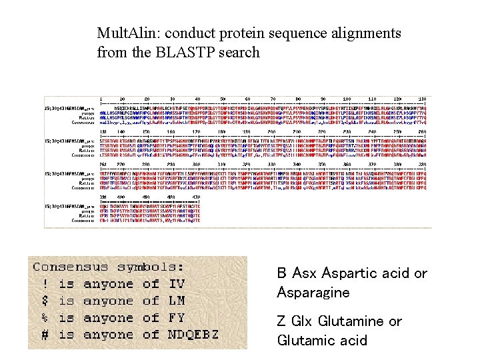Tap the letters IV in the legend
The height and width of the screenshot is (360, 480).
[177, 285]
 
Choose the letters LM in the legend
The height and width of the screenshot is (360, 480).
[177, 301]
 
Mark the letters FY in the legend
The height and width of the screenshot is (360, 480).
[177, 318]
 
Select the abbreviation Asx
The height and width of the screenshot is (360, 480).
[304, 273]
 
